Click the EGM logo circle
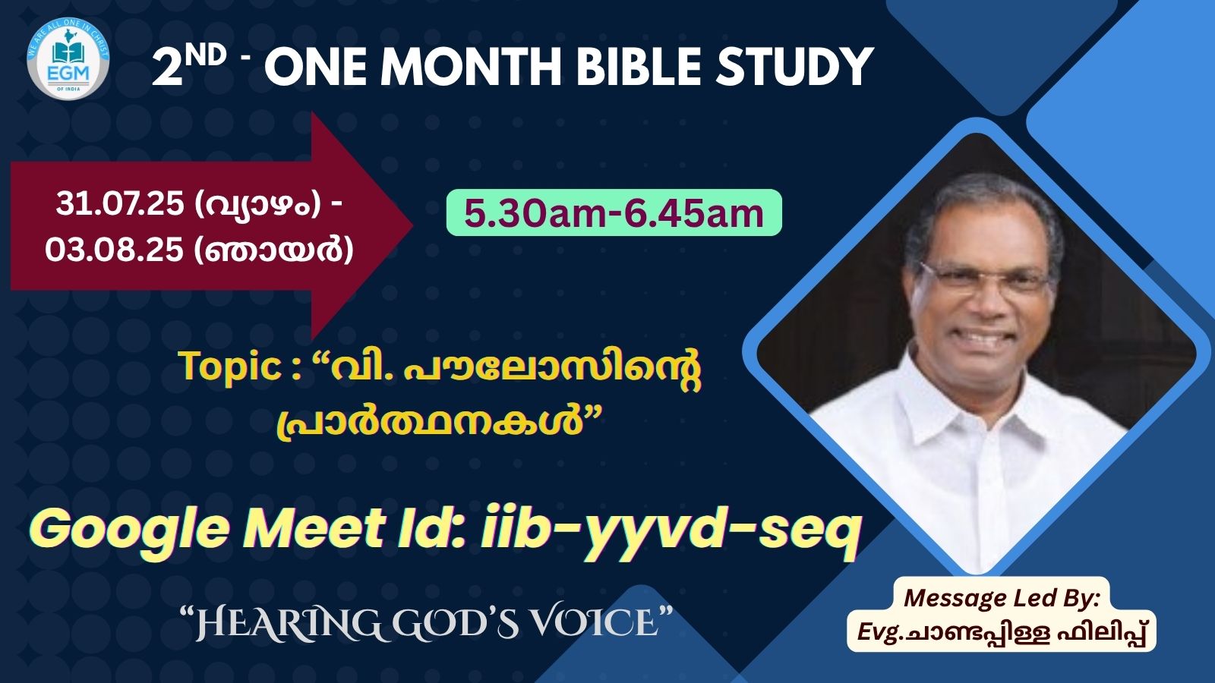(68, 58)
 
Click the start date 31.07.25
(119, 204)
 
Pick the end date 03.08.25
(114, 250)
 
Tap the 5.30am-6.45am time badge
(614, 212)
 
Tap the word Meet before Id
(314, 528)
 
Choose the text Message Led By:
(1002, 599)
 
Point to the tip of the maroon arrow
(413, 225)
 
